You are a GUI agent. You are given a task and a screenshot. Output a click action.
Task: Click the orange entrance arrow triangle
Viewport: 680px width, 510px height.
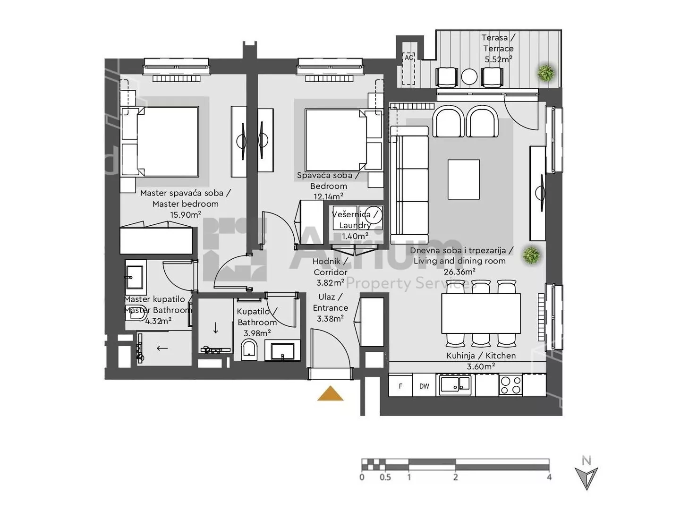point(330,394)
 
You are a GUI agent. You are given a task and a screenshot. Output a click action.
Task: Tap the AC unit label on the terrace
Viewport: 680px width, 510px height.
point(408,58)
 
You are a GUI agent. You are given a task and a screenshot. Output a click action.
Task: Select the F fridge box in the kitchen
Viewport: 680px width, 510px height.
point(400,386)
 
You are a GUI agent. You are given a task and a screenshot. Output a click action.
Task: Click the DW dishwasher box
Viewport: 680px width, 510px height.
point(424,386)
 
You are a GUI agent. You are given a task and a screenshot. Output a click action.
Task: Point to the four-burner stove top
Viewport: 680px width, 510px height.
point(510,385)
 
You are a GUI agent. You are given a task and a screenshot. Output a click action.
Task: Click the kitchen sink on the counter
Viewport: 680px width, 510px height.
point(455,384)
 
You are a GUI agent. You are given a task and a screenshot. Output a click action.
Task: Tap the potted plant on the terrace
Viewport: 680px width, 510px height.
point(546,73)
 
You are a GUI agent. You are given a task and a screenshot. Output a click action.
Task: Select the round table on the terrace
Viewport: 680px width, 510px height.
point(469,76)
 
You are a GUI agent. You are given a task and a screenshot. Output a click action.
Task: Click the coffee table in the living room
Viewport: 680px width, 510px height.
point(463,179)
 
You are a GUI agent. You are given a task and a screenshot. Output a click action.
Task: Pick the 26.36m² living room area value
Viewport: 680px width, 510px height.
point(459,272)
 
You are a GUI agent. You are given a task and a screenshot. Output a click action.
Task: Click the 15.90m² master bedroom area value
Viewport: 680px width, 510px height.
point(185,214)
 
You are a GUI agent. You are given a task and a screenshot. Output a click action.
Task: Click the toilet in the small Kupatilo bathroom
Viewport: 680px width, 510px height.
point(249,349)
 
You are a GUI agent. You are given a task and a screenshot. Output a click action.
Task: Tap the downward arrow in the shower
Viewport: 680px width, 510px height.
point(216,328)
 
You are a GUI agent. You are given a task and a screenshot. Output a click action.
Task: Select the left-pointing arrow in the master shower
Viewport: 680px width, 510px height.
point(162,348)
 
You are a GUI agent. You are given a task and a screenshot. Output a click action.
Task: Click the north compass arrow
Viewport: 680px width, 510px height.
point(586,478)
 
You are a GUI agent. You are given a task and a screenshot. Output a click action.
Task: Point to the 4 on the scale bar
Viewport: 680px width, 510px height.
point(549,477)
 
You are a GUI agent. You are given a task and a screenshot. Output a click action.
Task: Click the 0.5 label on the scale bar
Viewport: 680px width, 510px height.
point(385,477)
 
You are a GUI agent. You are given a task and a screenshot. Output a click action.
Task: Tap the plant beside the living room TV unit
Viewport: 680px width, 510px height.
point(531,255)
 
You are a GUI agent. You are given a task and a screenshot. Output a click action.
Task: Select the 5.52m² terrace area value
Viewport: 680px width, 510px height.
point(498,59)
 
